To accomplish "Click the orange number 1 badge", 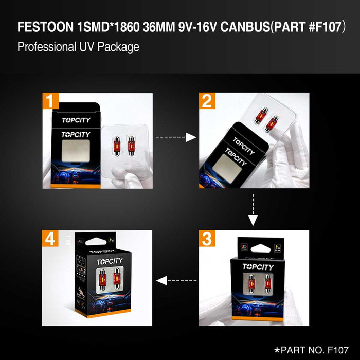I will point(50,101).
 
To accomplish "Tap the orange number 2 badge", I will point(207,101).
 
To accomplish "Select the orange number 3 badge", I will point(207,239).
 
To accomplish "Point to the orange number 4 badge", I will point(50,239).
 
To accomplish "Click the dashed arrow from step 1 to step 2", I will point(176,137).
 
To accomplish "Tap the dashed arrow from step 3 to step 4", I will point(176,281).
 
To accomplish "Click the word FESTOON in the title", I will point(43,27).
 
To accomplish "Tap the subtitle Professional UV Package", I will point(78,47).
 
